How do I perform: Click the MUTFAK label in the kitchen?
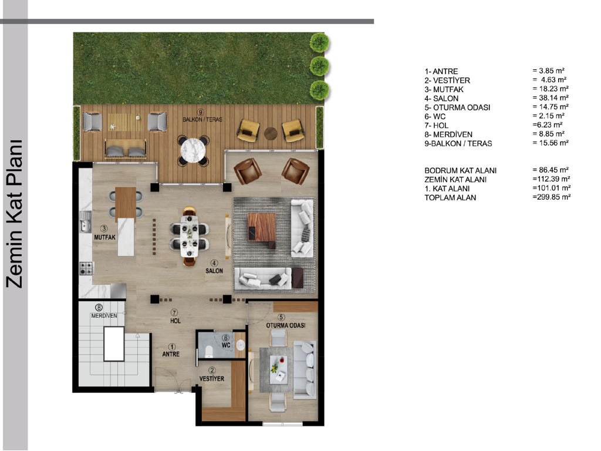(104, 237)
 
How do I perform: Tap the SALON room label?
(214, 271)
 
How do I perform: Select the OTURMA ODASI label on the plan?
(286, 325)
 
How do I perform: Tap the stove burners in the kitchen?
(86, 268)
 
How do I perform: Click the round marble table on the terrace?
(193, 150)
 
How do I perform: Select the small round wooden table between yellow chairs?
(271, 133)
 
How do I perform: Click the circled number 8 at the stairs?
(99, 308)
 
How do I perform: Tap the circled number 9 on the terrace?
(200, 112)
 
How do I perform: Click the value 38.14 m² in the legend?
(551, 98)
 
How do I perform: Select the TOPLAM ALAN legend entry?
(450, 197)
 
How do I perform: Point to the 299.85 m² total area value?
(551, 197)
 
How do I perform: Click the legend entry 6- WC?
(435, 117)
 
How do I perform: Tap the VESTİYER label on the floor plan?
(211, 379)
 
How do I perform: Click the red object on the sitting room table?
(282, 360)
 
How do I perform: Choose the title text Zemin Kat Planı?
(15, 214)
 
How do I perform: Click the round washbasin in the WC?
(240, 345)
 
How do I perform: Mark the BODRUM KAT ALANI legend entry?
(460, 171)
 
